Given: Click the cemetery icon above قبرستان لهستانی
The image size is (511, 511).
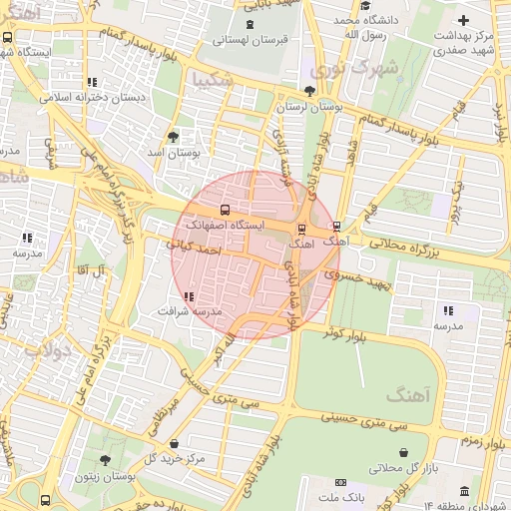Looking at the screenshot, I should [x=250, y=24].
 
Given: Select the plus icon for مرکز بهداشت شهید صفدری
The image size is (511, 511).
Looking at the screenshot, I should [x=462, y=20].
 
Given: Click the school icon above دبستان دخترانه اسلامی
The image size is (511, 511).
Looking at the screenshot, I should [x=92, y=83].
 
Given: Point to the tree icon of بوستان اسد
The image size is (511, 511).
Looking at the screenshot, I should [x=174, y=137].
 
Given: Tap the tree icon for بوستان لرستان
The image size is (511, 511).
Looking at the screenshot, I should [x=310, y=91].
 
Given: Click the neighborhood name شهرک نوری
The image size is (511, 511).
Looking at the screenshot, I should [x=352, y=70].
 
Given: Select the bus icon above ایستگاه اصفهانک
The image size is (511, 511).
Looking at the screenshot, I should [x=224, y=211].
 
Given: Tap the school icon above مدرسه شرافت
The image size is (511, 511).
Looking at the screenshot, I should [x=189, y=296].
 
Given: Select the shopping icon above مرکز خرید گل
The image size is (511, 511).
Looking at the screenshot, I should [x=175, y=444].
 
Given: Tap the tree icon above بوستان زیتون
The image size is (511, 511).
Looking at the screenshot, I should [x=105, y=460].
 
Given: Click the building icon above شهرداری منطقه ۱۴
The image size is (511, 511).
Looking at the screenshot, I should [x=464, y=490].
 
